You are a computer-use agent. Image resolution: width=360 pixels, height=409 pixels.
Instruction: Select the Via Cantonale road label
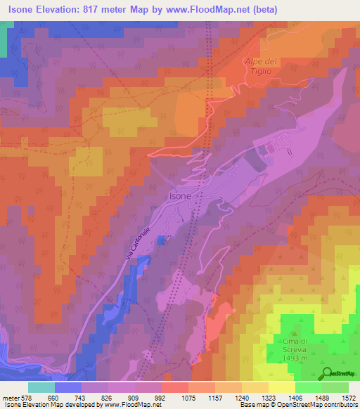139,246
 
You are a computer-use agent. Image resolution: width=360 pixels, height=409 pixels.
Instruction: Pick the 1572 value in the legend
348,398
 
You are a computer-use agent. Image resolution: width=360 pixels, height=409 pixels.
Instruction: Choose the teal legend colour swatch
41,387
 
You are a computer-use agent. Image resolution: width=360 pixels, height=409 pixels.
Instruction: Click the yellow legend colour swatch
282,387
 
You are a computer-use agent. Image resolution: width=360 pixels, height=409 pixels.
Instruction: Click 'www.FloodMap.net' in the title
211,10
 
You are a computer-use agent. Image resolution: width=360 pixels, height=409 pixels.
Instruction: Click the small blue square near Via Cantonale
161,240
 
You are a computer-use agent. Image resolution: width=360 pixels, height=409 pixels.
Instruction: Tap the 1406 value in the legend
295,398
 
